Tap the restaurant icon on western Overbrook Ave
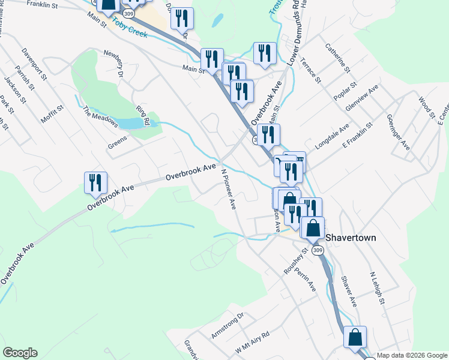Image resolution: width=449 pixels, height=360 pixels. [x=95, y=183]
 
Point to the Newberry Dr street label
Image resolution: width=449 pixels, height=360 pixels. [x=113, y=63]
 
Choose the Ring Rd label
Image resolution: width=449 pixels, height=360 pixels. [x=142, y=114]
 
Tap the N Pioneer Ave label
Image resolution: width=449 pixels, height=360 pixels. [x=229, y=188]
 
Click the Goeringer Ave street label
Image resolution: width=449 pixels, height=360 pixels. [x=399, y=132]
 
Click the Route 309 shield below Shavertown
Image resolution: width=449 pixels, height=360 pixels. [x=318, y=250]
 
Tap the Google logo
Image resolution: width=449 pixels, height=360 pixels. [x=20, y=353]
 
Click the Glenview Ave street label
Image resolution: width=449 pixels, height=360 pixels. [x=362, y=98]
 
